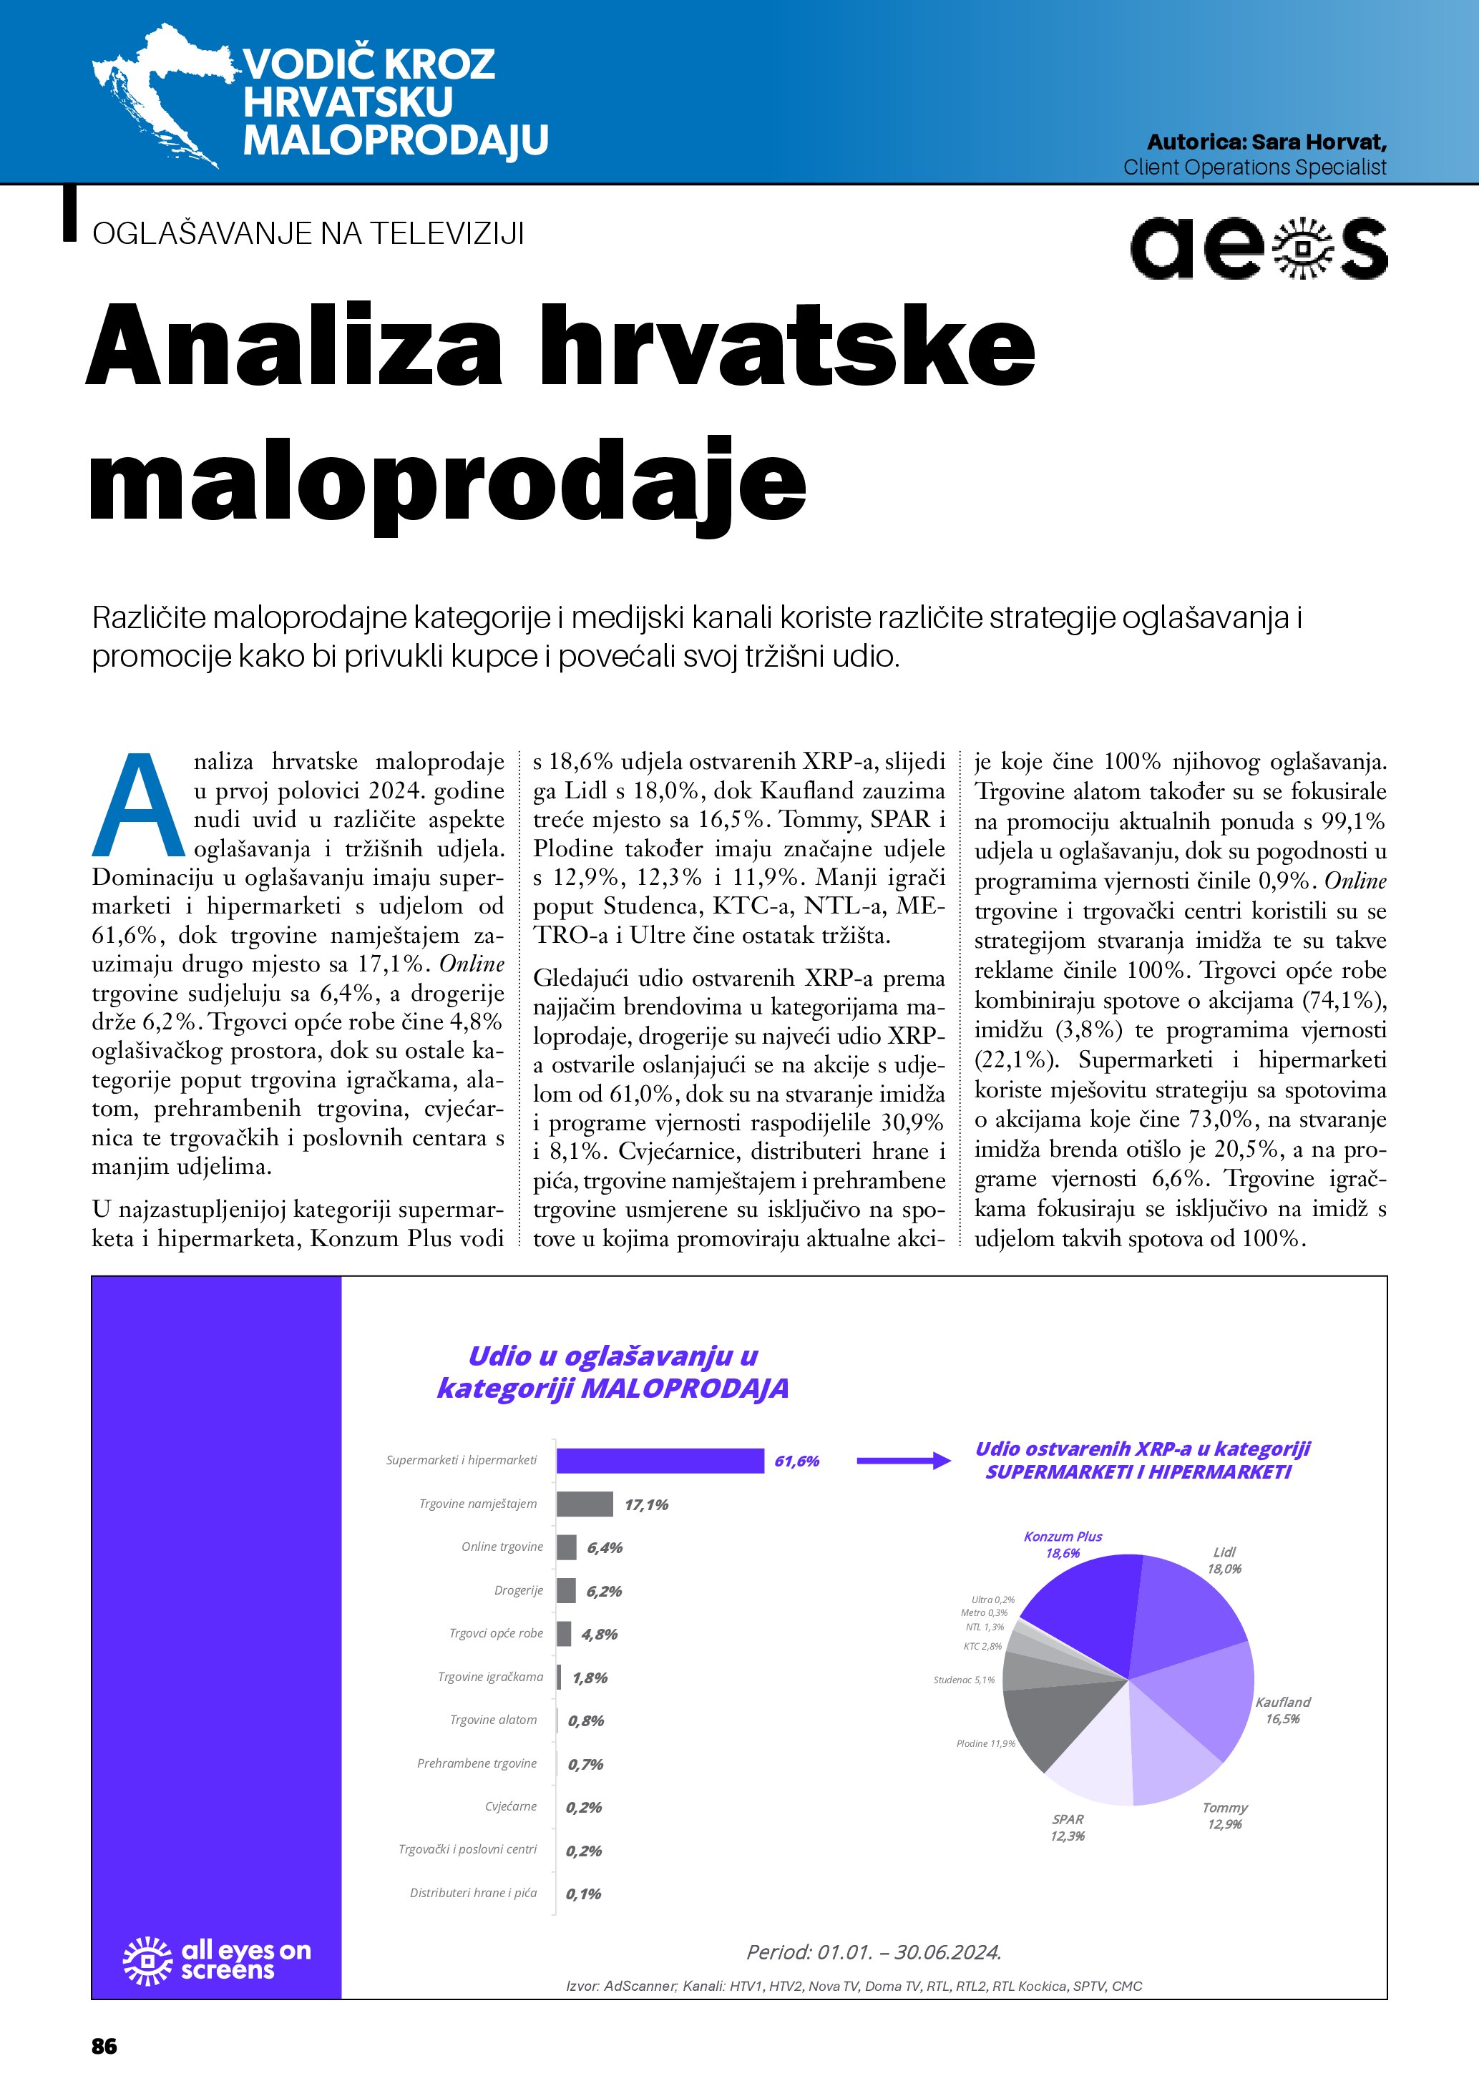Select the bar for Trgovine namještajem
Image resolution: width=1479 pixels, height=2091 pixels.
(x=585, y=1504)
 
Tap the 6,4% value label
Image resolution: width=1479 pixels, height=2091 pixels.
(x=605, y=1547)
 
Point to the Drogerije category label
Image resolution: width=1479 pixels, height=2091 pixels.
(x=518, y=1590)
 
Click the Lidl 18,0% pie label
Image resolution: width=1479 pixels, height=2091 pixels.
(x=1224, y=1560)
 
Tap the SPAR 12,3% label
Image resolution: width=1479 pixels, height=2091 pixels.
(x=1068, y=1827)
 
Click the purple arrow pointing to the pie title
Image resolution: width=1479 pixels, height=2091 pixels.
(x=904, y=1461)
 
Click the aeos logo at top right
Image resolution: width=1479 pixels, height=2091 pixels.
(x=1258, y=247)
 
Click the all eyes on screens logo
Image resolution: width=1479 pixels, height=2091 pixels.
(x=217, y=1960)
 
